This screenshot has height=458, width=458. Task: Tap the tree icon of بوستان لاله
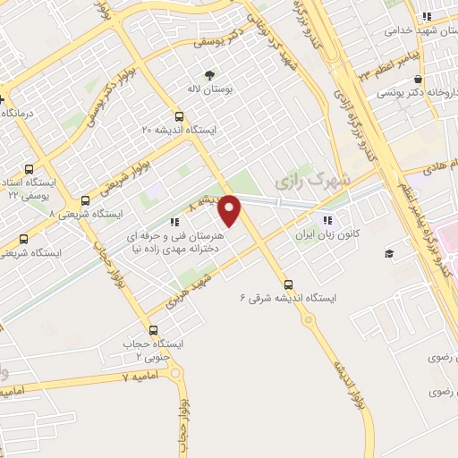(209, 76)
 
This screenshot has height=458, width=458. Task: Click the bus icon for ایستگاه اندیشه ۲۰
(180, 116)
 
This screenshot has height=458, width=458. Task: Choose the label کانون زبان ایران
(327, 235)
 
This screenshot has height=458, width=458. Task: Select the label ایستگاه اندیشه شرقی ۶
(284, 298)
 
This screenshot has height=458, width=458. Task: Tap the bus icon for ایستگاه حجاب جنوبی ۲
(152, 330)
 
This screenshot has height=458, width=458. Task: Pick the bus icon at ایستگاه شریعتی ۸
(85, 200)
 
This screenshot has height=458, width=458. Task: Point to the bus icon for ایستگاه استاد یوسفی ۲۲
(29, 168)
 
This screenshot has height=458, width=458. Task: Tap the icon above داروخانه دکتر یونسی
(418, 78)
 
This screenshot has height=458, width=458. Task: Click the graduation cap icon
(389, 254)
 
